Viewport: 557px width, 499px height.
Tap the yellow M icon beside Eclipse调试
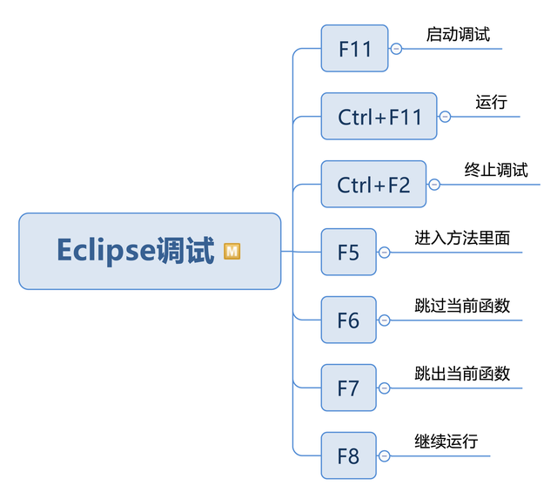[x=232, y=251]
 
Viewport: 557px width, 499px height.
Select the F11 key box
[x=354, y=49]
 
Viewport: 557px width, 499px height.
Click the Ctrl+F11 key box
[x=379, y=116]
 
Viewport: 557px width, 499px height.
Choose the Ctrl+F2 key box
[x=373, y=184]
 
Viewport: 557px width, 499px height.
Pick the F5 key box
[x=348, y=253]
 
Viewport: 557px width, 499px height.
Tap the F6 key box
[x=348, y=320]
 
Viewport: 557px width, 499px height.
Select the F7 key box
[x=348, y=388]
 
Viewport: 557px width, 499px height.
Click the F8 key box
[x=348, y=455]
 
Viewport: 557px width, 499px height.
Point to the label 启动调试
[x=458, y=35]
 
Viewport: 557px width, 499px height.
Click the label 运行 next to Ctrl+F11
[x=491, y=102]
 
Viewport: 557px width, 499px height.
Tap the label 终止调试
[x=496, y=170]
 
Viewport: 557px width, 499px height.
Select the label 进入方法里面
[x=462, y=238]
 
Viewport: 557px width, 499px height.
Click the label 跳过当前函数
[x=462, y=306]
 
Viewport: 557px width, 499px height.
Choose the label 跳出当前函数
[x=462, y=374]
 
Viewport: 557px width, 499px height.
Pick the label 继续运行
[x=446, y=442]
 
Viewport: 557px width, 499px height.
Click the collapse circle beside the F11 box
[x=397, y=49]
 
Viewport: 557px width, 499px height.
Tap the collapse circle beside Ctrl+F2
[x=434, y=184]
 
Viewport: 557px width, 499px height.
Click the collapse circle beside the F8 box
[x=384, y=455]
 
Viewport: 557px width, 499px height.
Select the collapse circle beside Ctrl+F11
[x=445, y=116]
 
